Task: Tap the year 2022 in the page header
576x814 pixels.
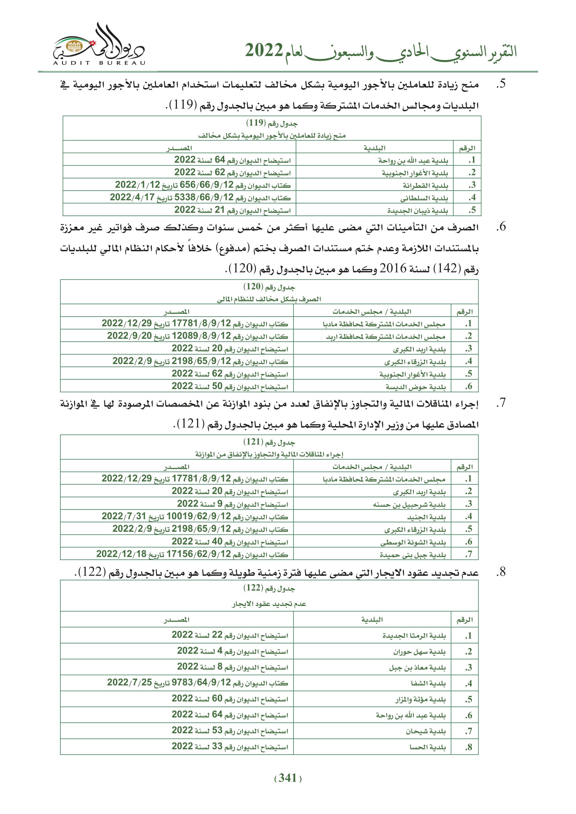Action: point(264,51)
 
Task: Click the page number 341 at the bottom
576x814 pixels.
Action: point(288,778)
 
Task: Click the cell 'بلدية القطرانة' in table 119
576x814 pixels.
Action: point(425,185)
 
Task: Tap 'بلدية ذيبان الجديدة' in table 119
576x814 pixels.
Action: point(418,211)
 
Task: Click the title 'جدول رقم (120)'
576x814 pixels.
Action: point(269,287)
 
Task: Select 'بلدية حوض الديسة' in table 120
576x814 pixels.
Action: point(416,387)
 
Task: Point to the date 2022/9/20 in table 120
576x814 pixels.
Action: point(130,336)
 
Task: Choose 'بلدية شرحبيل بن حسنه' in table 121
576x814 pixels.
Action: point(409,505)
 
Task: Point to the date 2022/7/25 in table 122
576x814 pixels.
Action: point(130,683)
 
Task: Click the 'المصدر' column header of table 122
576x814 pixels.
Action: point(177,620)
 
